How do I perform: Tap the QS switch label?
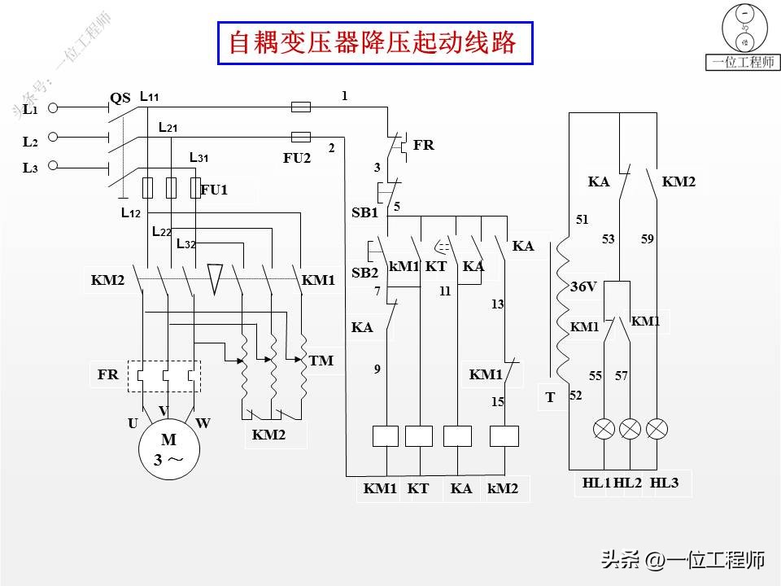pyautogui.click(x=120, y=98)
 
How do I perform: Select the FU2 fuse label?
pyautogui.click(x=297, y=159)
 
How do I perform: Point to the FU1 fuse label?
pyautogui.click(x=214, y=190)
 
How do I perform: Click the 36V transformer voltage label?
pyautogui.click(x=583, y=287)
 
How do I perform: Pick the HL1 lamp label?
pyautogui.click(x=596, y=483)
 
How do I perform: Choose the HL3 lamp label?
pyautogui.click(x=665, y=483)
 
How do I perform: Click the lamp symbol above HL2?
pyautogui.click(x=630, y=429)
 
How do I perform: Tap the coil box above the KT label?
pyautogui.click(x=418, y=436)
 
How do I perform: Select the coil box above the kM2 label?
pyautogui.click(x=504, y=436)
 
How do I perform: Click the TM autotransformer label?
pyautogui.click(x=321, y=361)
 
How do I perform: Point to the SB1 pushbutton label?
pyautogui.click(x=364, y=213)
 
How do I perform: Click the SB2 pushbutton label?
pyautogui.click(x=364, y=273)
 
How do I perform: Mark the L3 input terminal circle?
pyautogui.click(x=53, y=166)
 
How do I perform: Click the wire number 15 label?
pyautogui.click(x=497, y=402)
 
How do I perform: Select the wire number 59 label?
pyautogui.click(x=647, y=239)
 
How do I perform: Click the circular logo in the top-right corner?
pyautogui.click(x=744, y=28)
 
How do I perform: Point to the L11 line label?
pyautogui.click(x=149, y=97)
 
